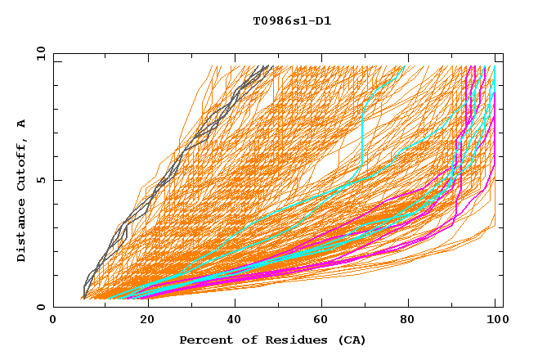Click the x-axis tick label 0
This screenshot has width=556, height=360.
coord(53,321)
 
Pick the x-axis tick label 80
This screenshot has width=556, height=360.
coord(407,321)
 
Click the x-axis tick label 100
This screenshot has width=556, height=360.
coord(495,321)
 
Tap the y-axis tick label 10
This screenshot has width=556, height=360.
coord(40,53)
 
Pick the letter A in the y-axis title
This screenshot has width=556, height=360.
coord(22,123)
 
